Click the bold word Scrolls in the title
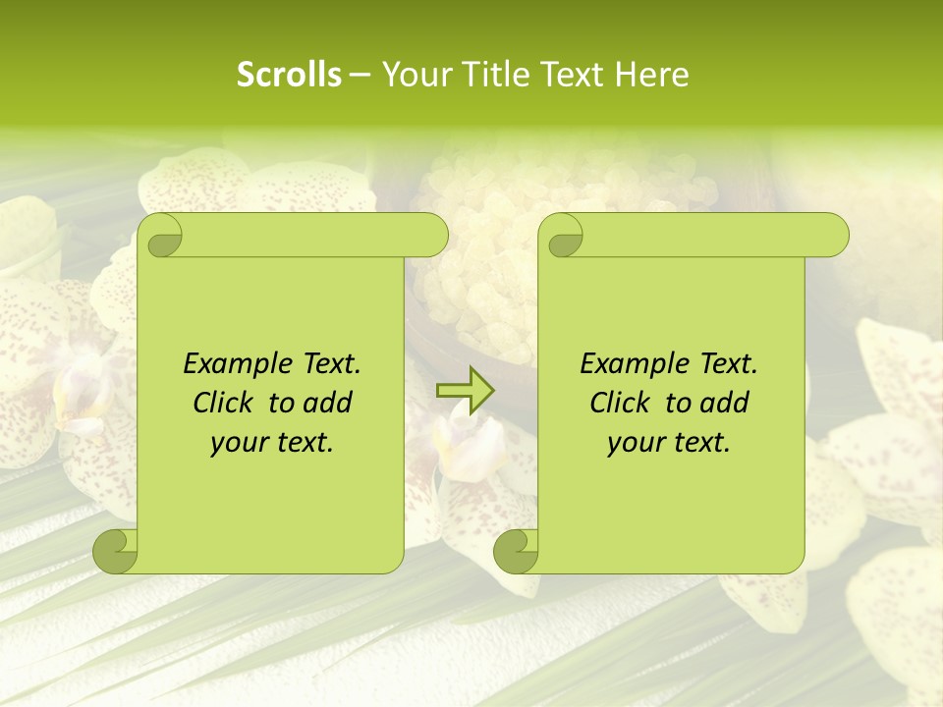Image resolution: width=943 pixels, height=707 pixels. coord(290,75)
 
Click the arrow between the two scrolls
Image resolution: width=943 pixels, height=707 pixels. coord(466,391)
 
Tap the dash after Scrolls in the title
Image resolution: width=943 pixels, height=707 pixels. coord(361,75)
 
